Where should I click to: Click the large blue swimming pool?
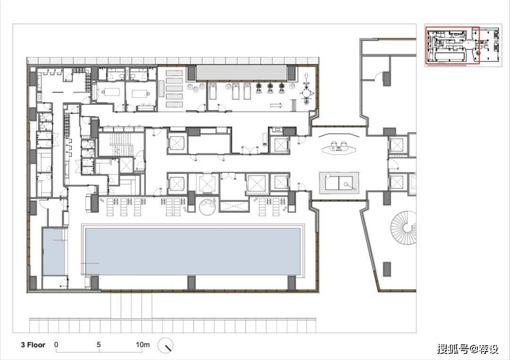point(193,251)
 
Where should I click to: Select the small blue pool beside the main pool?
point(55,251)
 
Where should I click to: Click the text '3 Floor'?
point(33,345)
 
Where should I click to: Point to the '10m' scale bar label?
point(143,344)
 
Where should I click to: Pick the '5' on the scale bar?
point(99,344)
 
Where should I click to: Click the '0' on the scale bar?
point(56,344)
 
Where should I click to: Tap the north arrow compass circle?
point(166,345)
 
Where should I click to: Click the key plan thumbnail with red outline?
point(462,46)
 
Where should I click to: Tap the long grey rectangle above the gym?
point(242,73)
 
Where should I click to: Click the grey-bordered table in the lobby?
point(339,183)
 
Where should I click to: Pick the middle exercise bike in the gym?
point(270,88)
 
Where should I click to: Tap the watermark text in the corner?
point(467,349)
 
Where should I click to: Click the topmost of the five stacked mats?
point(175,74)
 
